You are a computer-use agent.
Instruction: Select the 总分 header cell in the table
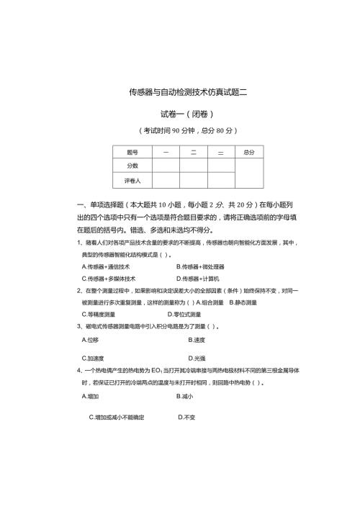pyautogui.click(x=249, y=152)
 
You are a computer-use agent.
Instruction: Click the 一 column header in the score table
pyautogui.click(x=166, y=152)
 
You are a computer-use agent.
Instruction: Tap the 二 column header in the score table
pyautogui.click(x=193, y=152)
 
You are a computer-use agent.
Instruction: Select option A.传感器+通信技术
pyautogui.click(x=106, y=266)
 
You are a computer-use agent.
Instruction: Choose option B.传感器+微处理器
pyautogui.click(x=200, y=266)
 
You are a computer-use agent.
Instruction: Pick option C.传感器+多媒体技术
pyautogui.click(x=109, y=278)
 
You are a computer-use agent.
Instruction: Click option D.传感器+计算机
pyautogui.click(x=198, y=278)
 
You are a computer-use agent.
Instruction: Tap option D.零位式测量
pyautogui.click(x=189, y=314)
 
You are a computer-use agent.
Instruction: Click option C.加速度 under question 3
pyautogui.click(x=93, y=358)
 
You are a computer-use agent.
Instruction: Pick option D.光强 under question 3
pyautogui.click(x=197, y=358)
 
